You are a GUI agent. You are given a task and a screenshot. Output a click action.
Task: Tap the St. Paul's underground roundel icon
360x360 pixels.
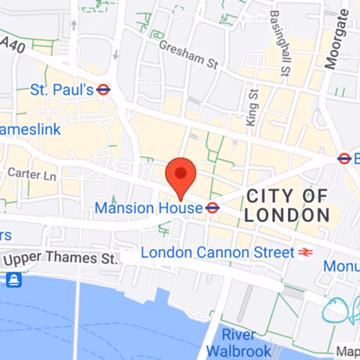click(x=103, y=90)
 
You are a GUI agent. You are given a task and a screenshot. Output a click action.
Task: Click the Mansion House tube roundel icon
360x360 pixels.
click(x=212, y=208)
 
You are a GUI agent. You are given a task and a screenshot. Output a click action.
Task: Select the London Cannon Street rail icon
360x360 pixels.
click(x=305, y=252)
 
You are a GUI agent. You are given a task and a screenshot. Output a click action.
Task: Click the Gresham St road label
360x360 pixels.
click(x=189, y=54)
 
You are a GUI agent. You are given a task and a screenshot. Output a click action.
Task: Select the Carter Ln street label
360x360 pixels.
click(x=32, y=174)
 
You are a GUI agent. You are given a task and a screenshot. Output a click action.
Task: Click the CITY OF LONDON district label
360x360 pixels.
click(x=287, y=206)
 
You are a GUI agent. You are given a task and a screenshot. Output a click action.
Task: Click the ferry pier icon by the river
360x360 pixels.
click(x=13, y=280)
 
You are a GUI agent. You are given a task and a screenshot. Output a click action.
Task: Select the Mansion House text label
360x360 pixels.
click(x=149, y=208)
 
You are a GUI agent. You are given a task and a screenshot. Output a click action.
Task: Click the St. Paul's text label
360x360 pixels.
click(x=62, y=90)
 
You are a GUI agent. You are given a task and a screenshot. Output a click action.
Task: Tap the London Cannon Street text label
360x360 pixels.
click(x=218, y=252)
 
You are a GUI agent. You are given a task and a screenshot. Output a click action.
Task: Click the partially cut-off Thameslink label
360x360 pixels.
click(x=30, y=130)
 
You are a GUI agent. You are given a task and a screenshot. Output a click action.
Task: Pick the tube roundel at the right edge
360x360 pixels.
click(x=344, y=158)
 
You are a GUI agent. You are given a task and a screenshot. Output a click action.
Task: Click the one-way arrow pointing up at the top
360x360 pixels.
click(x=74, y=25)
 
